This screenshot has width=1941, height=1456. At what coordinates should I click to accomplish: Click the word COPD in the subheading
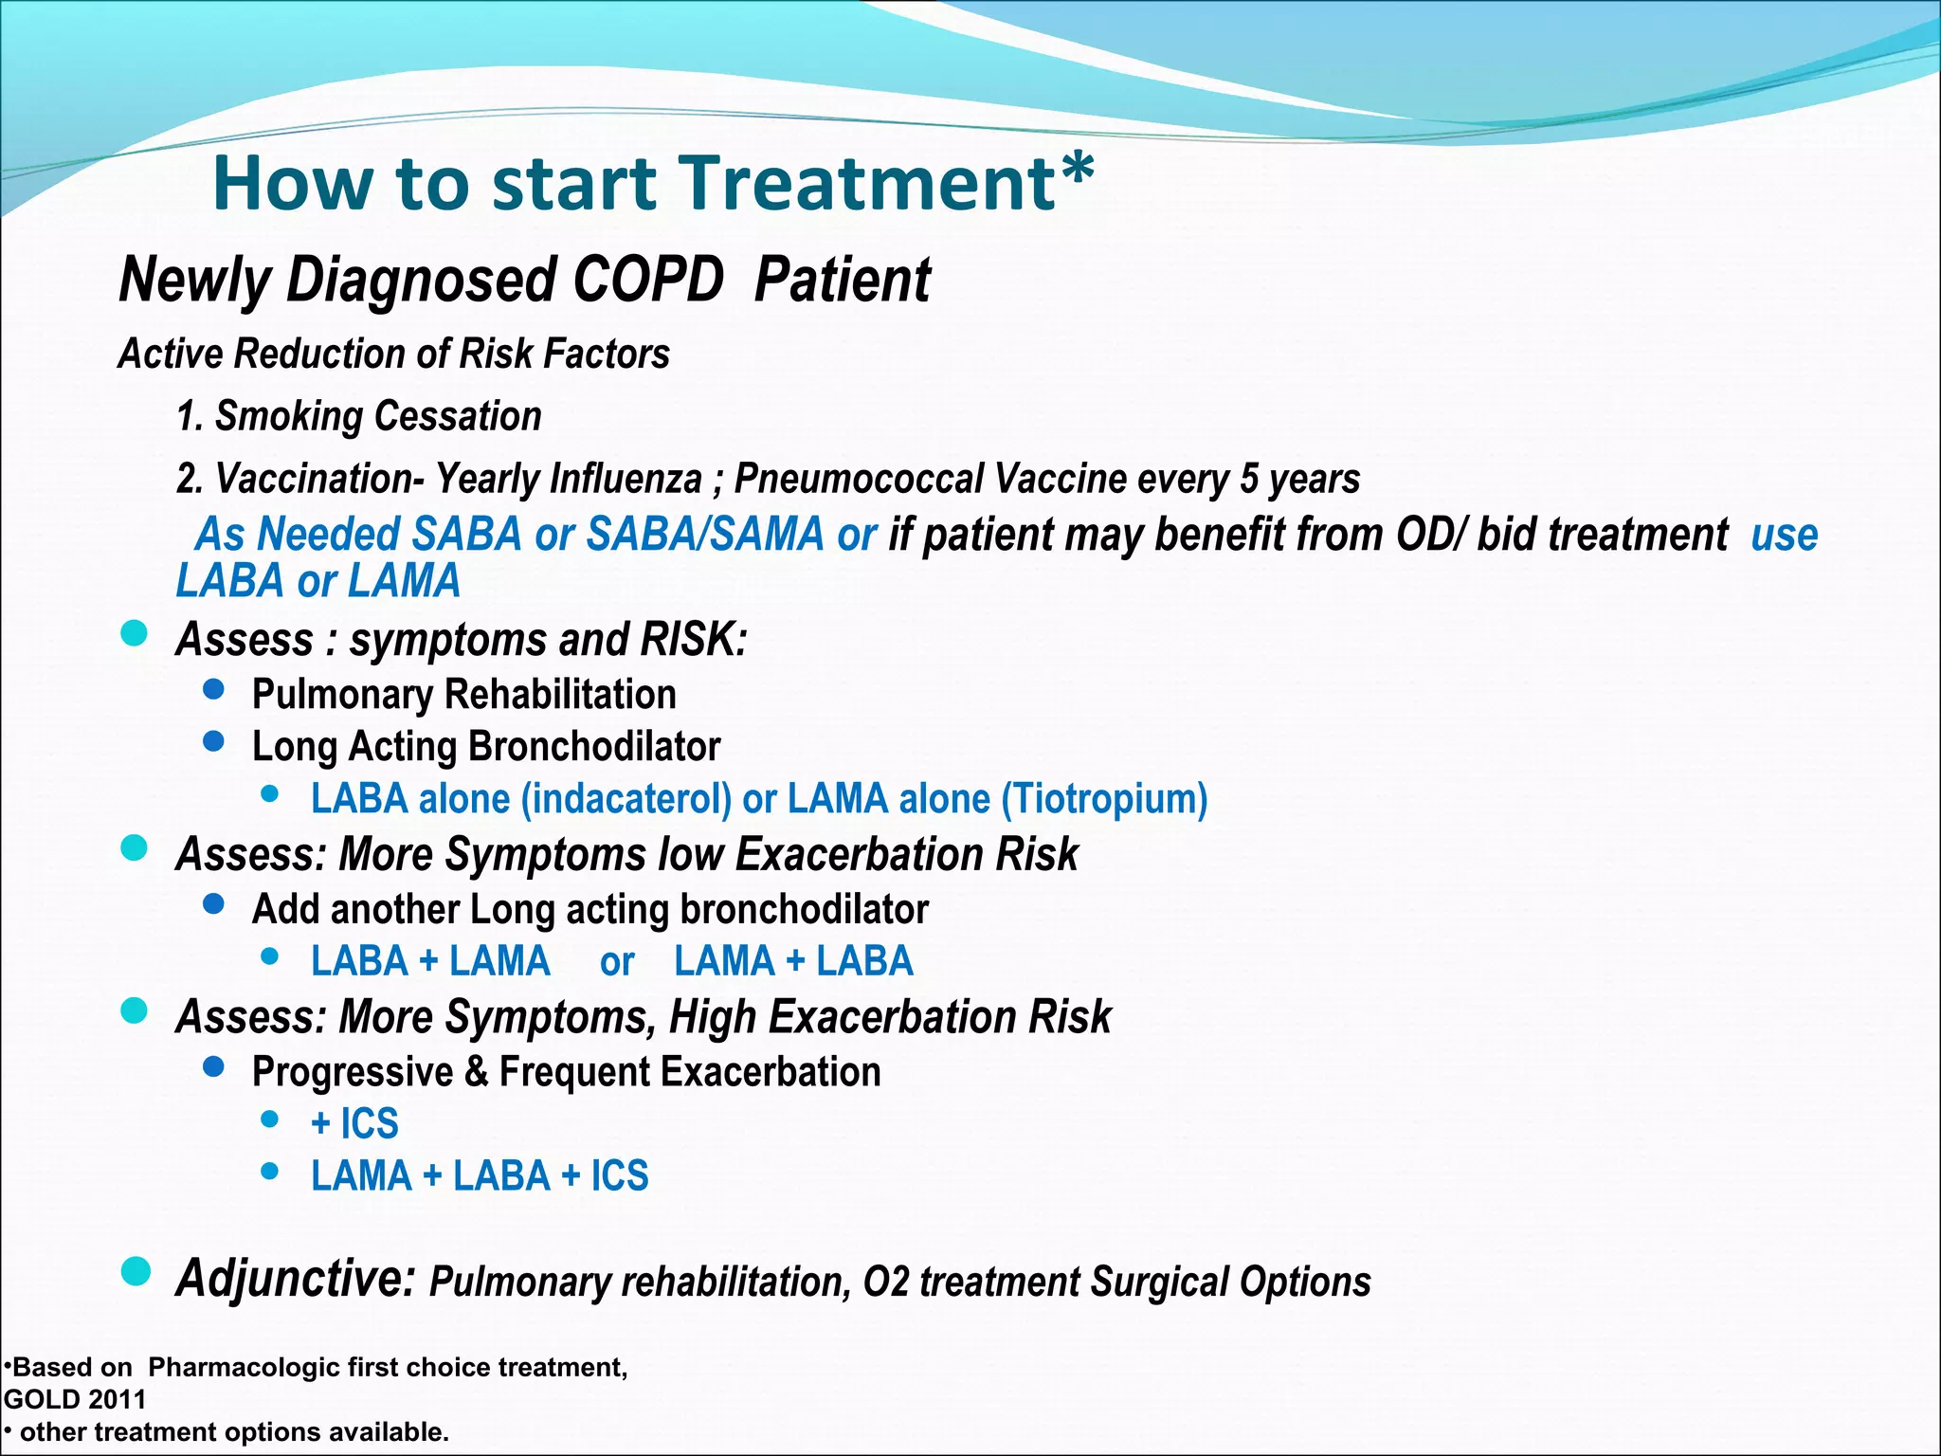click(647, 281)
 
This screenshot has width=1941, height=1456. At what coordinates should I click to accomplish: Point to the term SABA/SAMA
click(705, 534)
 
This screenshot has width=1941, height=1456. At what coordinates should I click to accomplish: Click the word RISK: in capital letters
click(694, 639)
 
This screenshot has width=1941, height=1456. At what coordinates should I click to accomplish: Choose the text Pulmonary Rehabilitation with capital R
click(463, 694)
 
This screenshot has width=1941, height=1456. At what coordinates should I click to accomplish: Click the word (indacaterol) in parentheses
click(626, 798)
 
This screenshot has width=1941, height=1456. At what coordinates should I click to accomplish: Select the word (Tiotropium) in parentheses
click(1104, 798)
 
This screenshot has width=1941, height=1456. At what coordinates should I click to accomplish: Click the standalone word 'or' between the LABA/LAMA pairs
click(616, 962)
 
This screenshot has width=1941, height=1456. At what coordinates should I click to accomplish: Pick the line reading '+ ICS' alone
click(354, 1123)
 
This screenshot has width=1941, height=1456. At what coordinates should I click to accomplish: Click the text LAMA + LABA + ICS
click(480, 1175)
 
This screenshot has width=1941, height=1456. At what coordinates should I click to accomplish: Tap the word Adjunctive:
click(296, 1278)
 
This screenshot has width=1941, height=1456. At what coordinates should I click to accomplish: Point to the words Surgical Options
click(1230, 1282)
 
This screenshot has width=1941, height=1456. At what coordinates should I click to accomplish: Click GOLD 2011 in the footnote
click(76, 1399)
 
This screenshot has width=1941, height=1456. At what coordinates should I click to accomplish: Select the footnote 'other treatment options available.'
click(233, 1431)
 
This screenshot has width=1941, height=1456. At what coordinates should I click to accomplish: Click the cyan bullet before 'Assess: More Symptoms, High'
click(135, 1010)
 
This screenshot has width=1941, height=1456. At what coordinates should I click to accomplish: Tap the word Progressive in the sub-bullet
click(353, 1072)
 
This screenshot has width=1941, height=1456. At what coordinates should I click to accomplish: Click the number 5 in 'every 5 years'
click(1248, 479)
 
